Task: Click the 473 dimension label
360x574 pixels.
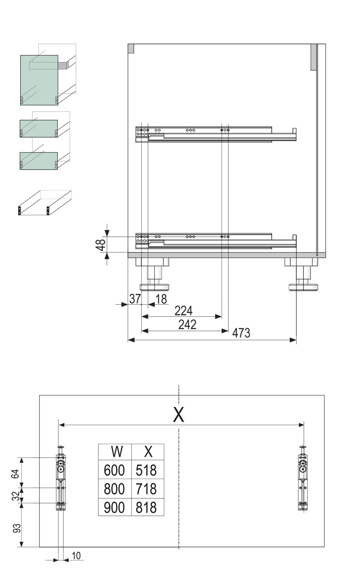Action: pos(241,333)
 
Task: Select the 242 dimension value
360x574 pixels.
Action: pos(187,325)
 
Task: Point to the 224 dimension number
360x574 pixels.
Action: pos(184,310)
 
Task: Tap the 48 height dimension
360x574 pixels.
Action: pos(101,244)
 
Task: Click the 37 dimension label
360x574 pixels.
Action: pos(135,299)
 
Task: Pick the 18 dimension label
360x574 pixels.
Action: pos(161,299)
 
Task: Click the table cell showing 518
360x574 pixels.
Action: pos(146,470)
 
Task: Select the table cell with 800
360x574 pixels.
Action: pos(114,489)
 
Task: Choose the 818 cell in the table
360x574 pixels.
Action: pos(146,507)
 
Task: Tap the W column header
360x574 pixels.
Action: pos(116,452)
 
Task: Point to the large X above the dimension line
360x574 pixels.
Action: pos(179,415)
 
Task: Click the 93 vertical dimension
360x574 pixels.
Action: pos(17,528)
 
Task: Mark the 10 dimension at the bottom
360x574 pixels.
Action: pos(76,556)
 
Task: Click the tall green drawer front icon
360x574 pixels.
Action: pos(39,80)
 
